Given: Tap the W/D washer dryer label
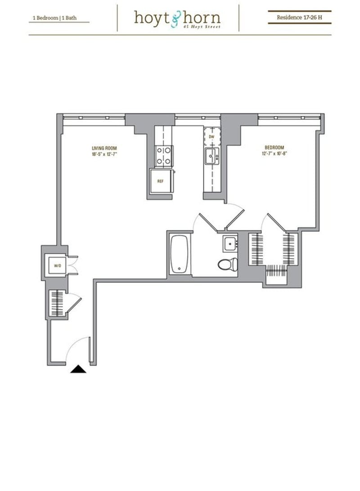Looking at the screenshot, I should coord(58,266).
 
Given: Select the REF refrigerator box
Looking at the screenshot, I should coord(160,181).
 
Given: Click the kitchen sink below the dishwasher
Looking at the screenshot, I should coord(211,157).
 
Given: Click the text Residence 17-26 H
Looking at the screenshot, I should coord(299,18).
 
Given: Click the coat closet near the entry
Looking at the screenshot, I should coord(57,305).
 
